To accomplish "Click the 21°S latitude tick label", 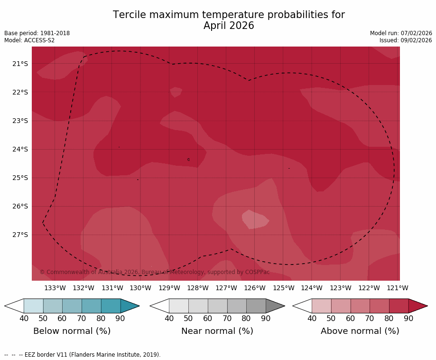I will tap(20, 64).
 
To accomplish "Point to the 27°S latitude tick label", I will tap(20, 235).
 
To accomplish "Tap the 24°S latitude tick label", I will tap(20, 149).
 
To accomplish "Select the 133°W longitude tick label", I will tap(55, 288).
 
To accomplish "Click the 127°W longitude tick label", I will tap(226, 288).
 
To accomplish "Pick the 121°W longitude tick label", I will tap(398, 288).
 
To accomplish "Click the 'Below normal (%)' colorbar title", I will tap(72, 331).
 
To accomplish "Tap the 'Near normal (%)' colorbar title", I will tap(217, 331).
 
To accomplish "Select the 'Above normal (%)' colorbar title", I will tap(360, 331).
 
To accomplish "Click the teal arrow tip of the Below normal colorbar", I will tap(131, 306).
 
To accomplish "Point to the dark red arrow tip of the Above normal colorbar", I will tap(419, 306).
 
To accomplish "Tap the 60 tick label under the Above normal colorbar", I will tap(351, 318).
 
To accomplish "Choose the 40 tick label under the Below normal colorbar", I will tap(24, 318).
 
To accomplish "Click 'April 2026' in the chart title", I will tap(229, 26).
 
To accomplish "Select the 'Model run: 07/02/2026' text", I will tap(401, 33).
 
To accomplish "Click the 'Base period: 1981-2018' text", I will tap(37, 33).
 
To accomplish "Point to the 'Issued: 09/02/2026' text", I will tap(406, 40).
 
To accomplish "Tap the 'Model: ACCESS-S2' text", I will tap(29, 40).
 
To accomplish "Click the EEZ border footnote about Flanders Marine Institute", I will tap(83, 355).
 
